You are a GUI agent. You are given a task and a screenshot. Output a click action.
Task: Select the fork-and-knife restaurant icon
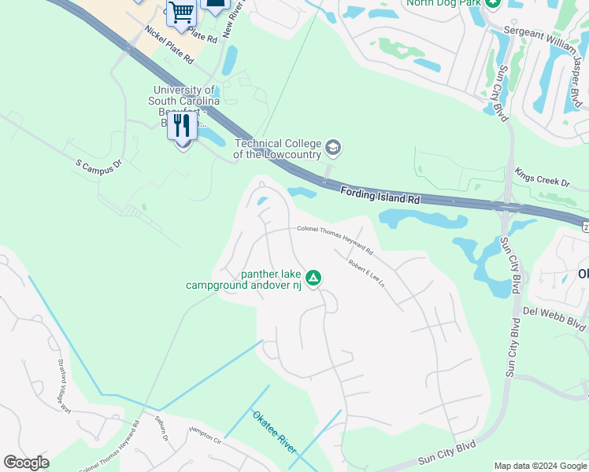(x=183, y=127)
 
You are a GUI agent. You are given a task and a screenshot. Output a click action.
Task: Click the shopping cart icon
(x=181, y=13)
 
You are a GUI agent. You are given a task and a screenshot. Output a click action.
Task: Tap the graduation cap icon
(x=333, y=147)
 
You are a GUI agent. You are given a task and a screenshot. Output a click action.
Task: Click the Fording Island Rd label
(x=380, y=195)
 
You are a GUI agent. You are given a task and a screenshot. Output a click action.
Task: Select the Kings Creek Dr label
(x=542, y=176)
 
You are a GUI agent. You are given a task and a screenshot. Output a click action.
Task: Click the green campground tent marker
(x=313, y=277)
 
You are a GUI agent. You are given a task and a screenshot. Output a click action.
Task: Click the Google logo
(x=26, y=463)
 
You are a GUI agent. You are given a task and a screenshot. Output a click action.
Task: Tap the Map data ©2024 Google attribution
(x=539, y=466)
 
